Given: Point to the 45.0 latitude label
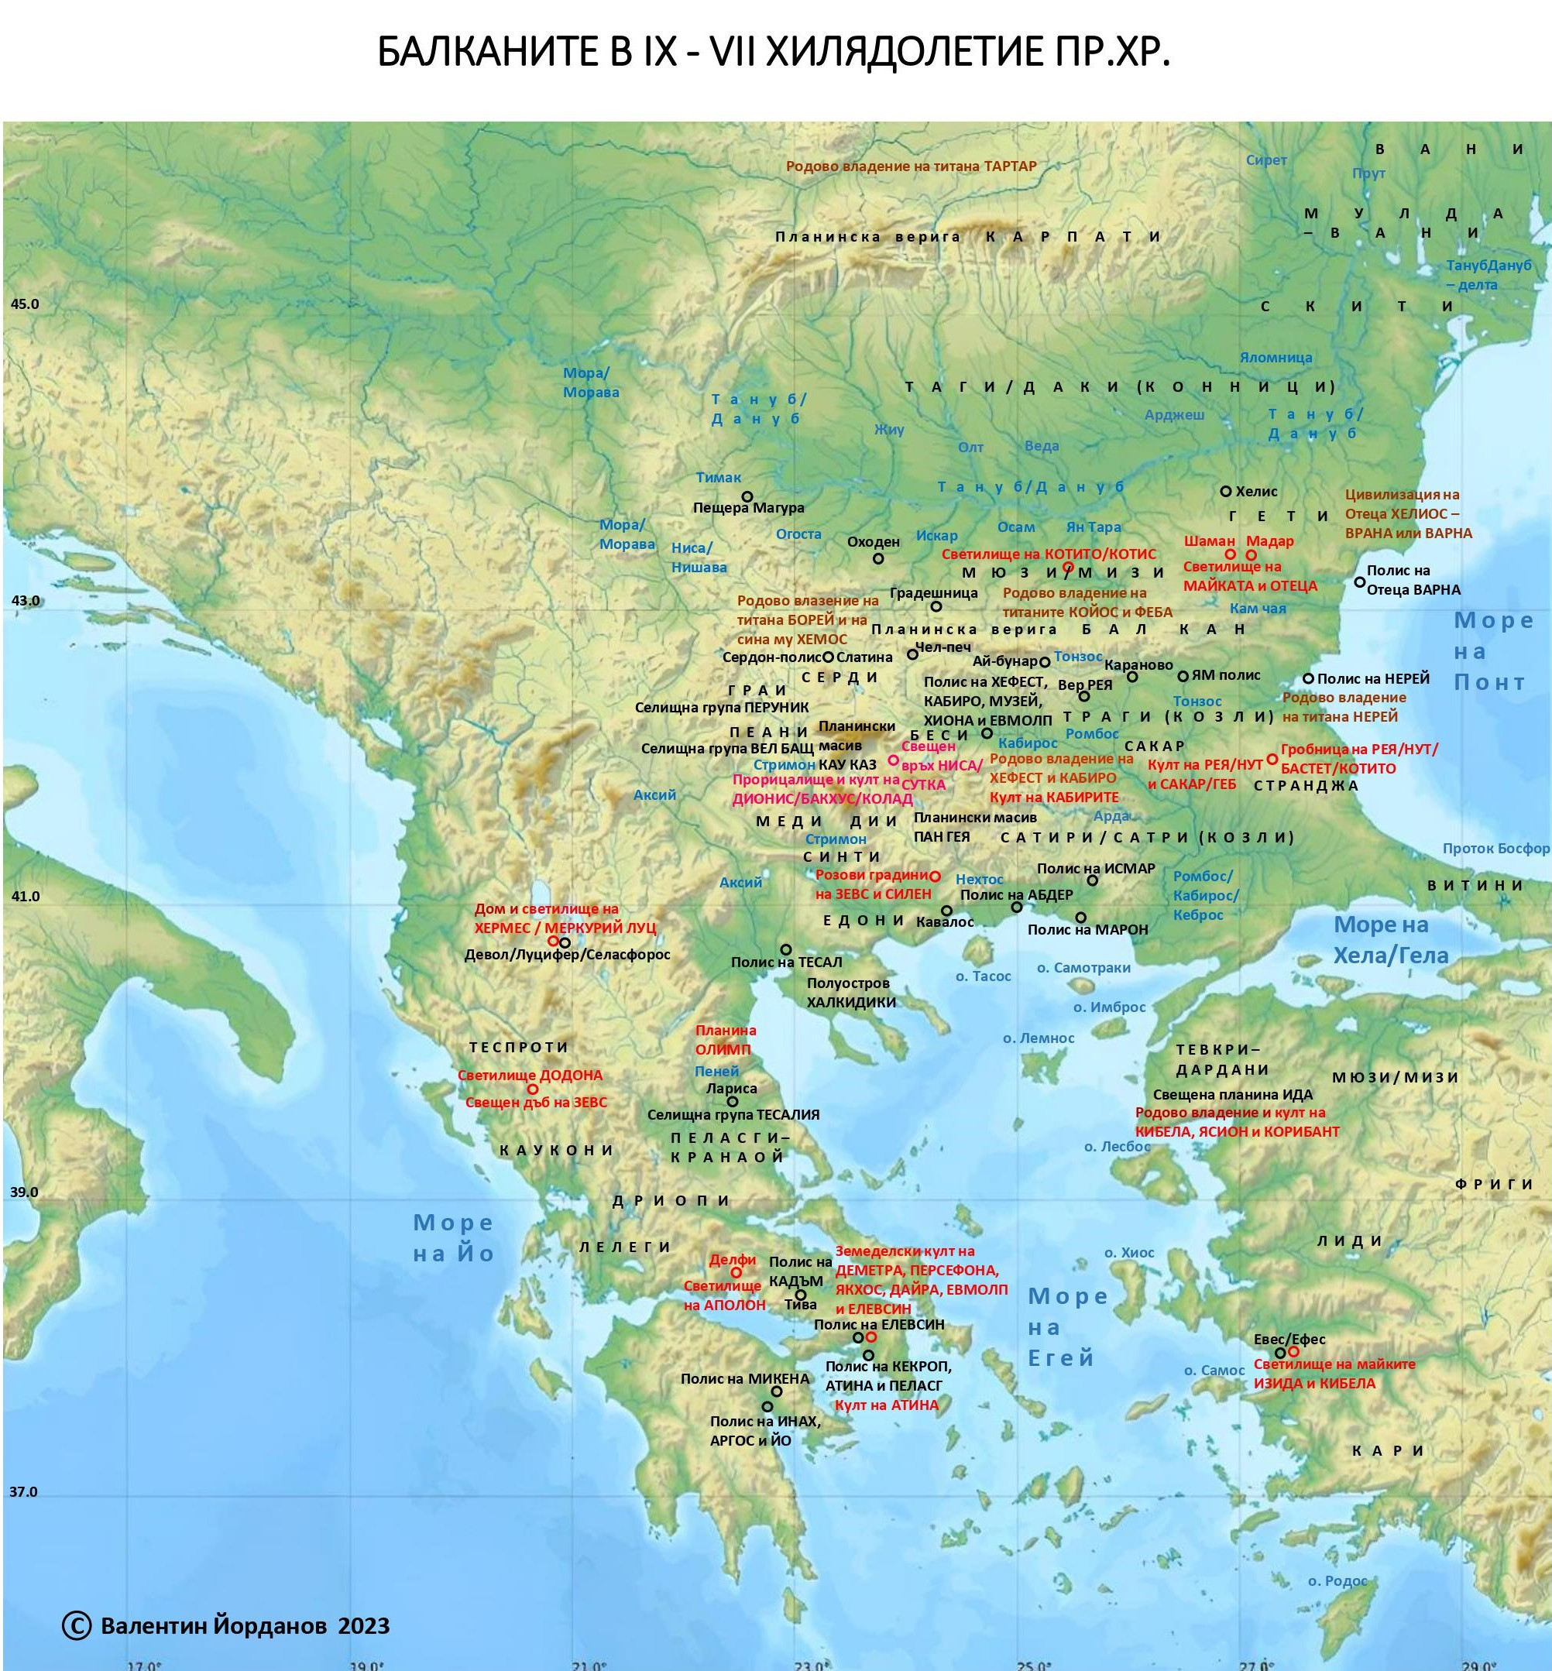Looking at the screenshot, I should tap(24, 304).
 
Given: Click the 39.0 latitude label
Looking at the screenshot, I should tap(24, 1192).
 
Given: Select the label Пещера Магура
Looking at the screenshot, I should tap(748, 508).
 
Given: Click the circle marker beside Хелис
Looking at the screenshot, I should tap(1225, 491).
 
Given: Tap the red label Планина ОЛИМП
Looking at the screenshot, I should tap(726, 1040).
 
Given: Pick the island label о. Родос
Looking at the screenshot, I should tap(1337, 1581).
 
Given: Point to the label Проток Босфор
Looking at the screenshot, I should tap(1495, 848).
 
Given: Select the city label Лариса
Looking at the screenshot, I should tap(732, 1088).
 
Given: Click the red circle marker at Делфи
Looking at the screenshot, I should tap(737, 1272).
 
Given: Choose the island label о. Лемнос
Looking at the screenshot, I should tap(1038, 1038).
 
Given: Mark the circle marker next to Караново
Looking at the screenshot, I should tap(1132, 677).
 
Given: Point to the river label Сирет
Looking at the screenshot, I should tap(1265, 160).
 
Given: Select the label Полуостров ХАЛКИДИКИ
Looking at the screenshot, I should tap(851, 992).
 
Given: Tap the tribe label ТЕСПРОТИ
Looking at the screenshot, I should tap(519, 1047).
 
